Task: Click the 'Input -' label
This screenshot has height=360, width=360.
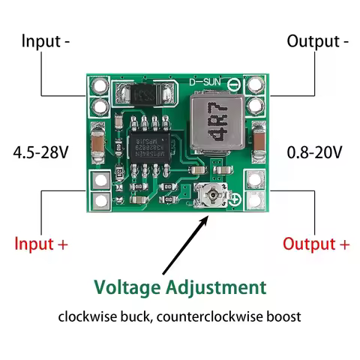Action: coord(46,40)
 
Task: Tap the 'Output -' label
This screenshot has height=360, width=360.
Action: coord(317,40)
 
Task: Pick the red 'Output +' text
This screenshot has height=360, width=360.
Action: coord(316,244)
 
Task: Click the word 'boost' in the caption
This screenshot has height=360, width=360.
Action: coord(283,316)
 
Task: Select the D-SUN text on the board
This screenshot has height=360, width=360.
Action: coord(204,82)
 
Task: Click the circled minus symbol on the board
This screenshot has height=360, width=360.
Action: coord(234,85)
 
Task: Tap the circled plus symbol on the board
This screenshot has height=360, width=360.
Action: coord(235,199)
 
